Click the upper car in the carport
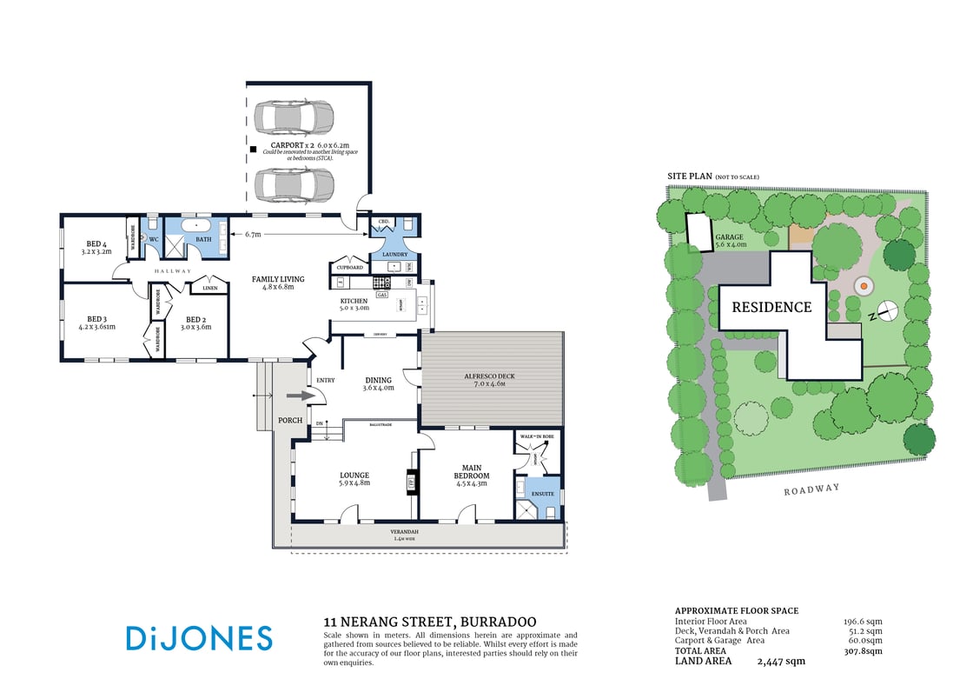point(294,116)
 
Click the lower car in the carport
point(294,183)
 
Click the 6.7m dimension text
point(254,234)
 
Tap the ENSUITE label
point(542,493)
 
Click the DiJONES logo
point(199,638)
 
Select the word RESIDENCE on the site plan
point(771,307)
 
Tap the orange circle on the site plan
point(864,284)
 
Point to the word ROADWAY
point(812,489)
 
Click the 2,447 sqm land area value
point(781,662)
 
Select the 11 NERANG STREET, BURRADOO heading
point(429,622)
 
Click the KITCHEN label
point(354,301)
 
